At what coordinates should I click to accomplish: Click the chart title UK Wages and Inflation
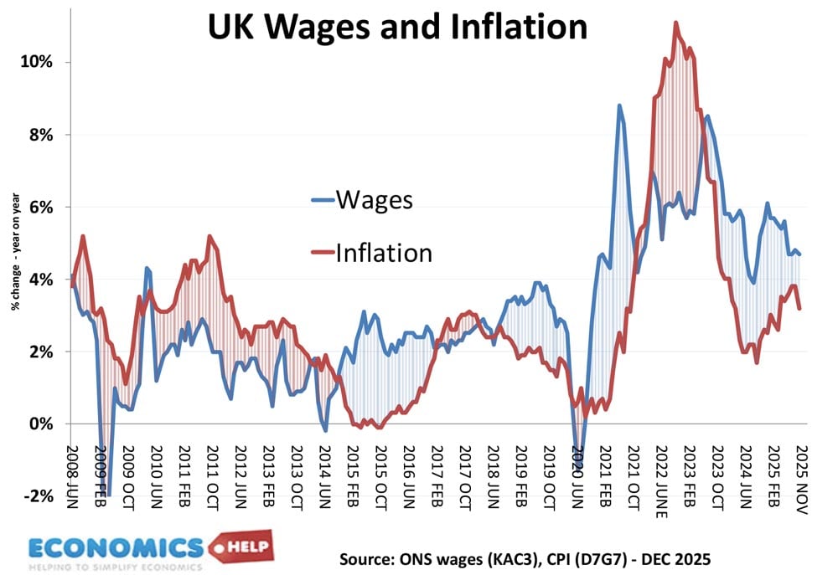(397, 27)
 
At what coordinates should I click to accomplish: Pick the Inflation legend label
(384, 252)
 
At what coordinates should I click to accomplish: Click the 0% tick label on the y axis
(43, 424)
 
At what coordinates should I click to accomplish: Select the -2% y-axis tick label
(40, 495)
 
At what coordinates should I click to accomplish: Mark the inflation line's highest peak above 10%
(675, 23)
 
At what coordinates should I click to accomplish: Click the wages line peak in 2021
(619, 105)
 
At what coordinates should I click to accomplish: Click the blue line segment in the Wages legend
(322, 200)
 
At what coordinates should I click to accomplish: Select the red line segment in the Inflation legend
(322, 252)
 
